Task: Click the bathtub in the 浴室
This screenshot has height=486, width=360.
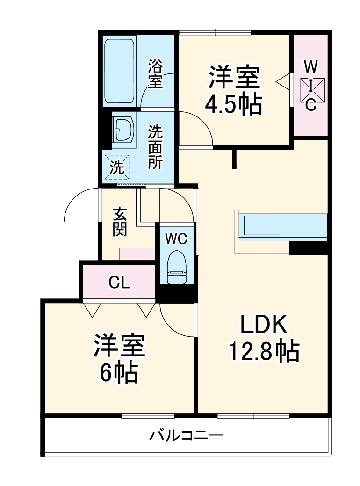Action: click(120, 71)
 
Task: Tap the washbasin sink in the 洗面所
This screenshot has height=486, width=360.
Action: click(124, 129)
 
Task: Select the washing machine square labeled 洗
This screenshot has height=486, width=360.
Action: click(117, 167)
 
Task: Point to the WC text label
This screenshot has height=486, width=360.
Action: click(176, 239)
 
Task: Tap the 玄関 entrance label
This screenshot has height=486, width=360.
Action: click(120, 221)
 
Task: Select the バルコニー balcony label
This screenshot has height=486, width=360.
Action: click(187, 436)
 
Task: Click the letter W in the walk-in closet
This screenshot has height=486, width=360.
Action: click(311, 67)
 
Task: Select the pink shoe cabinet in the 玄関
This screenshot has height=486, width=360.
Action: click(137, 254)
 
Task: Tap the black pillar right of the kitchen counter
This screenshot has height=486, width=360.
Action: click(309, 248)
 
